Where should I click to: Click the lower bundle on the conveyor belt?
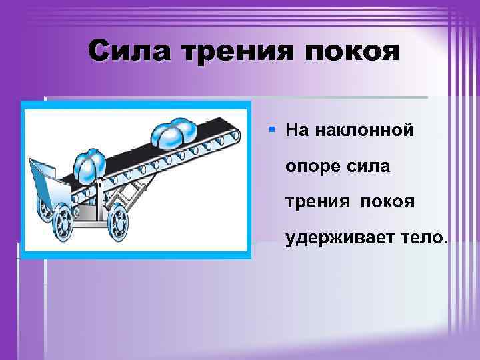[87, 165]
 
